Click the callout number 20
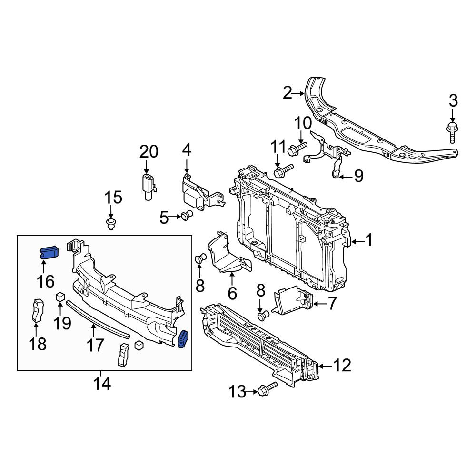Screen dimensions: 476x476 coord(149,152)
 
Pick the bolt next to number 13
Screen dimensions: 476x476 coord(267,388)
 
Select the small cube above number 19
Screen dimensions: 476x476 coord(60,296)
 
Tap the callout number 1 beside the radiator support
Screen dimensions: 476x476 coord(368,240)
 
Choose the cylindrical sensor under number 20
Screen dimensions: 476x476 coord(149,187)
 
